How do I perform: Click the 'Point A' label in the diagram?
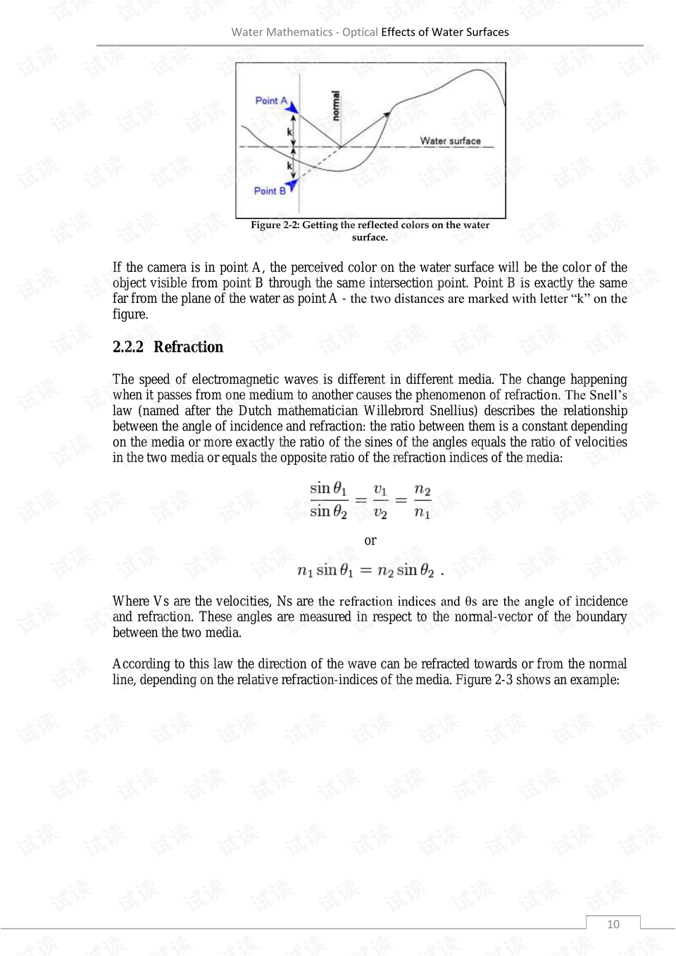270,101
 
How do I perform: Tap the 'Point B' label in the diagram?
270,191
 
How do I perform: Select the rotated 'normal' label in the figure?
336,106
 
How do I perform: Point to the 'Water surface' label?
450,141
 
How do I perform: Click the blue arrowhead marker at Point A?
292,107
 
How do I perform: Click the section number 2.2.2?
127,347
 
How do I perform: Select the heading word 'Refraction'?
188,347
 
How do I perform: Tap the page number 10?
613,924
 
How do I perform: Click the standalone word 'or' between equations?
370,540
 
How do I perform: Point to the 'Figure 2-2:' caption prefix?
275,225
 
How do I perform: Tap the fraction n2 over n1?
422,500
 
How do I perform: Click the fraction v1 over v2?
380,500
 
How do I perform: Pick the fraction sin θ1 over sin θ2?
328,500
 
